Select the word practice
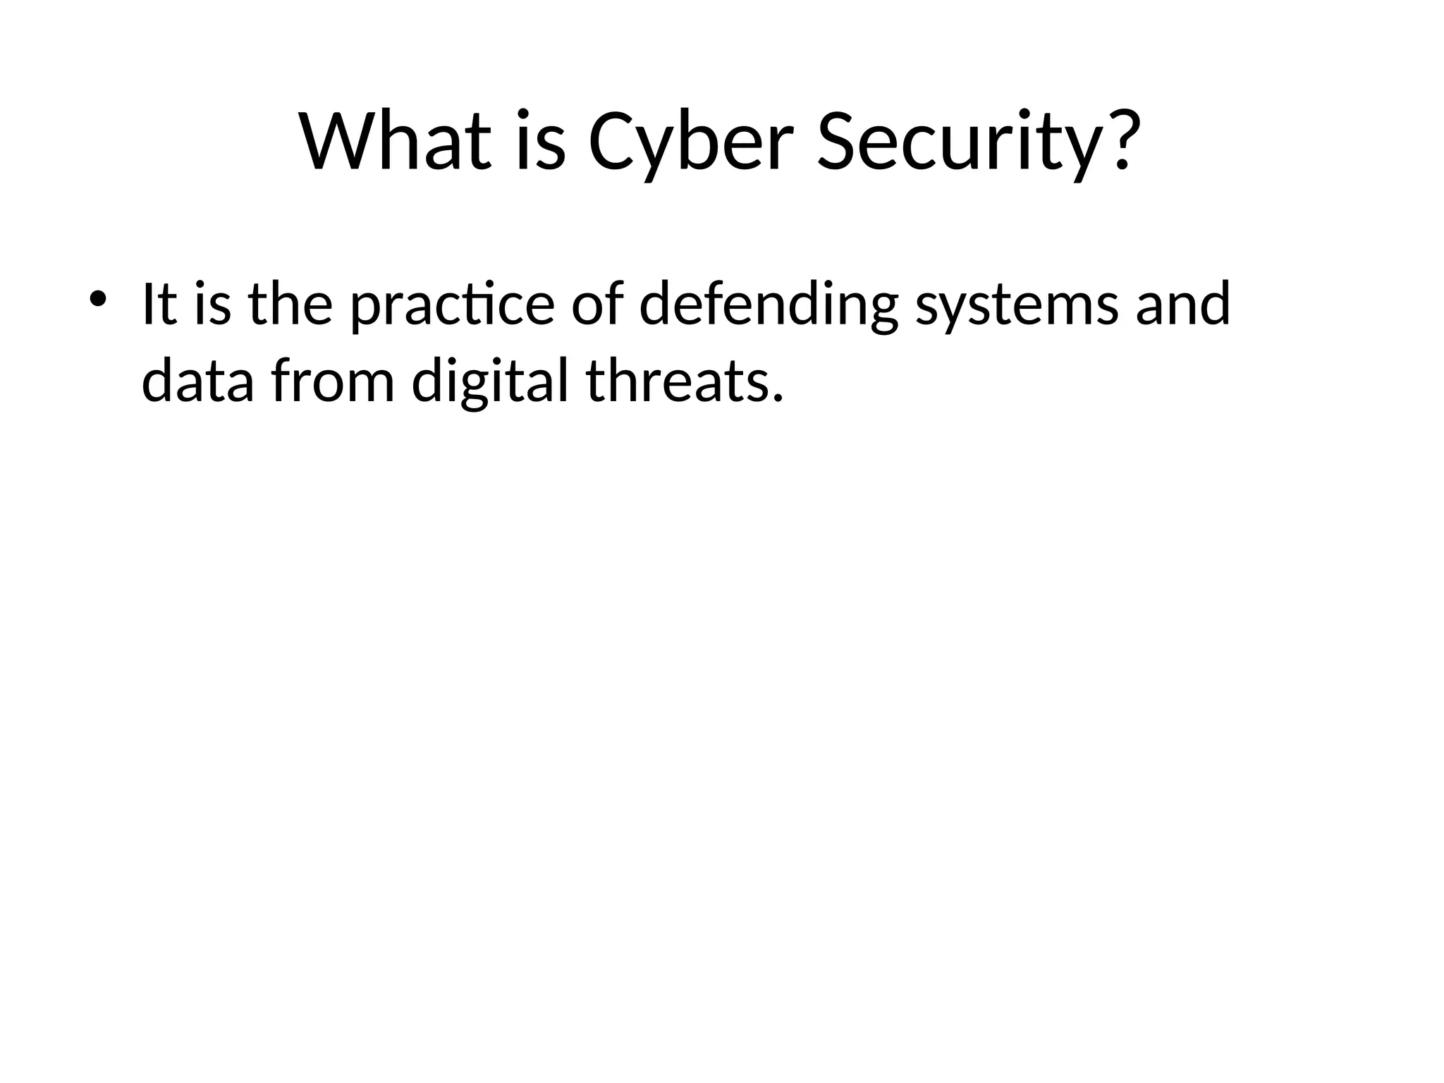click(452, 305)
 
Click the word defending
click(768, 305)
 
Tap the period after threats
click(778, 399)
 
